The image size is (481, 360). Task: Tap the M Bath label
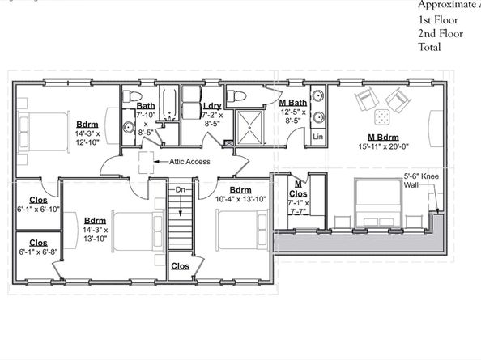point(292,102)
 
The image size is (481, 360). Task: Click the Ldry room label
point(213,106)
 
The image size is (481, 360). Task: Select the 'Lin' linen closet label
point(318,138)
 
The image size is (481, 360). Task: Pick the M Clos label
point(298,188)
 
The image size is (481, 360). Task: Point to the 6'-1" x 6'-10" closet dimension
point(37,210)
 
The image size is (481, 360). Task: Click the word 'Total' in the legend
point(431,47)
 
